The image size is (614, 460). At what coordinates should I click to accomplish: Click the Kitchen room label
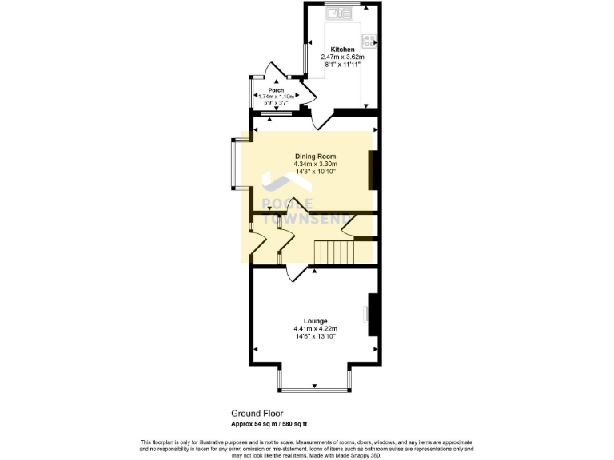pyautogui.click(x=343, y=50)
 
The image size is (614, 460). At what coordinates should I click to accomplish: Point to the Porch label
pyautogui.click(x=276, y=90)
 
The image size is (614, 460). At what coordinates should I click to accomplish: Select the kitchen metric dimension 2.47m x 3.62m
pyautogui.click(x=343, y=57)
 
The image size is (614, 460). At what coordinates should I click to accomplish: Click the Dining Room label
pyautogui.click(x=315, y=157)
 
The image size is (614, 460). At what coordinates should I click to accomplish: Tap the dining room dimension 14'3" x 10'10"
pyautogui.click(x=315, y=171)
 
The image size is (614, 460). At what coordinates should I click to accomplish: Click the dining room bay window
pyautogui.click(x=234, y=165)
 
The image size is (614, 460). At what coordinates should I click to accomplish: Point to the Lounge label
pyautogui.click(x=315, y=321)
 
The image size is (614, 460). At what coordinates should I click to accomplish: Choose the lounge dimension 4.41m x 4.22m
pyautogui.click(x=315, y=328)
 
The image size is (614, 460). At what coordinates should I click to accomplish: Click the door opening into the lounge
pyautogui.click(x=296, y=274)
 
